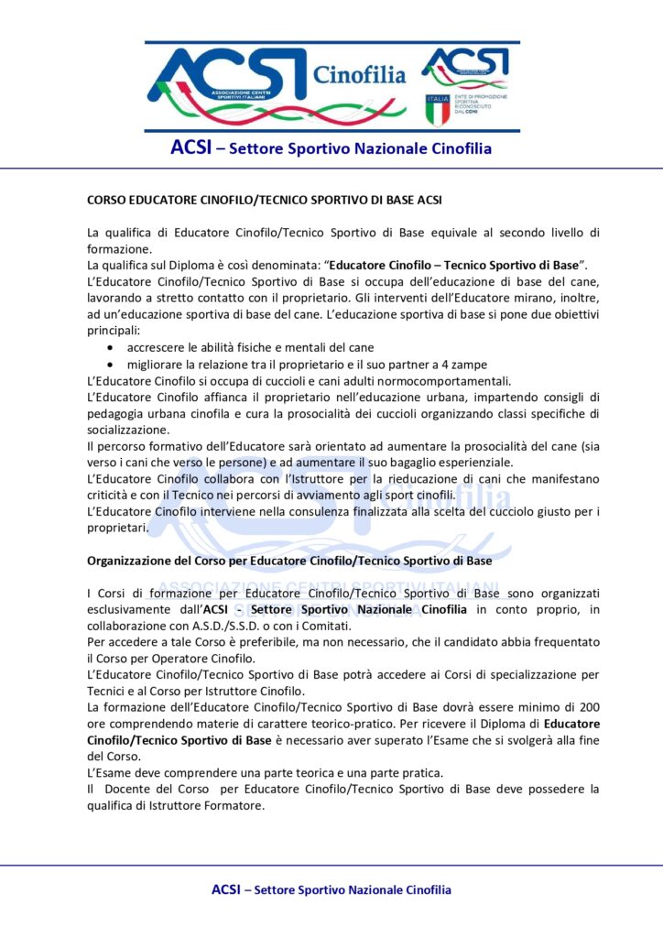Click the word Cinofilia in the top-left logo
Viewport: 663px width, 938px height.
359,75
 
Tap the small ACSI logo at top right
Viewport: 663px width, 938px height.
464,66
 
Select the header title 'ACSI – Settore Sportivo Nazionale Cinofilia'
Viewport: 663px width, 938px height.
331,147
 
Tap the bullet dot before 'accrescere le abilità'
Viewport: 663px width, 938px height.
111,348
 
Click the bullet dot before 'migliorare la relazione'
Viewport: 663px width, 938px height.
111,365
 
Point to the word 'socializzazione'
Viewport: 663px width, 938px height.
128,429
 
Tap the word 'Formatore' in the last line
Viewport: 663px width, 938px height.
234,806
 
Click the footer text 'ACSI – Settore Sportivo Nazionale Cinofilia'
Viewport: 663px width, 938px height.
331,889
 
